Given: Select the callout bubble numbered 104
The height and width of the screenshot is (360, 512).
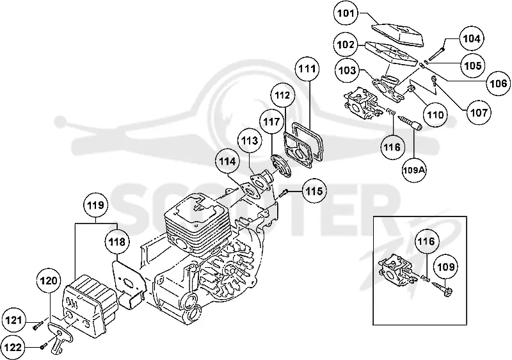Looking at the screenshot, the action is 472,38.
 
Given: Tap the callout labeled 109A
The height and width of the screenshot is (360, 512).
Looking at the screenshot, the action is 414,170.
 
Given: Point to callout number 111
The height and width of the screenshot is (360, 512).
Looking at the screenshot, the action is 308,69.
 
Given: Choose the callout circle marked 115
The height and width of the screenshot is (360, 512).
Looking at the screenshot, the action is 314,191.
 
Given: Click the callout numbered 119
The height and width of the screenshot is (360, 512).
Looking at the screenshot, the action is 95,205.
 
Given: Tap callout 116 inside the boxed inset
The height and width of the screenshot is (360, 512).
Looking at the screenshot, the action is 426,241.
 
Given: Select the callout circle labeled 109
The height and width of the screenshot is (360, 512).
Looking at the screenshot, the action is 446,267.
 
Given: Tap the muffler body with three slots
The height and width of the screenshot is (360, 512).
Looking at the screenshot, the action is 90,306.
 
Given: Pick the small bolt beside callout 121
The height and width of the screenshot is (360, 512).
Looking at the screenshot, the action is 38,325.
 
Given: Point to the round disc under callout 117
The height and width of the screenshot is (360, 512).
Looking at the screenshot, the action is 280,167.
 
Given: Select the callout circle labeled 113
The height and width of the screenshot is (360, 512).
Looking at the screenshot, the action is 250,140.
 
